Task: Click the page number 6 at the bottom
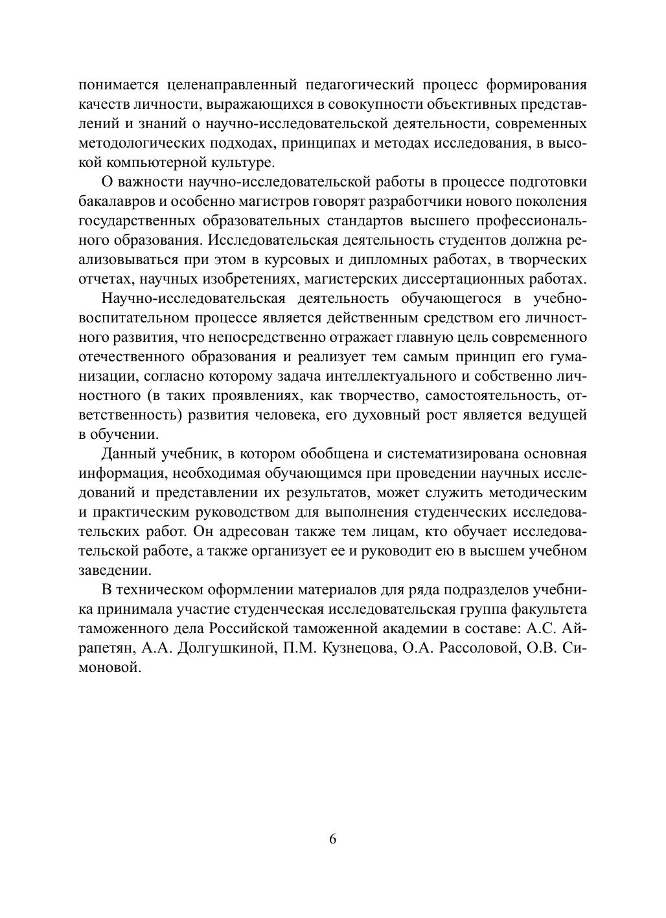[x=333, y=839]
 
